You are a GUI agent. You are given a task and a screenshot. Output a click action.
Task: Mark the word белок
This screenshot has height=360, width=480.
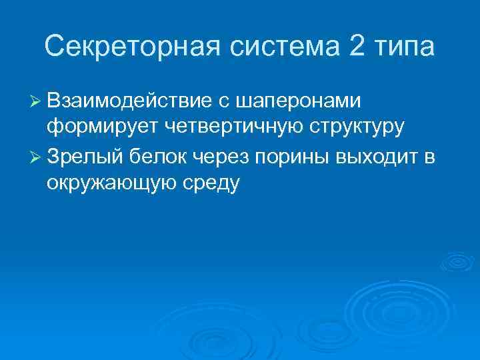(x=160, y=157)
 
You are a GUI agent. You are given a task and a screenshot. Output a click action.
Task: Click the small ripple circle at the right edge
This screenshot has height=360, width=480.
(x=457, y=262)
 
